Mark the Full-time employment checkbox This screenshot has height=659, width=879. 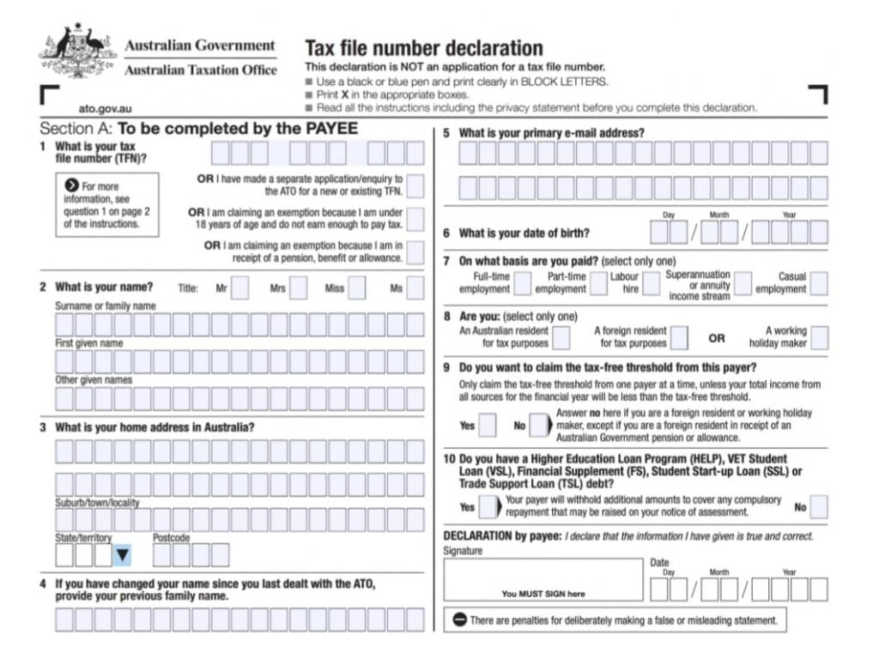[522, 283]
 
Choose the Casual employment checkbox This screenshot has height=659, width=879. [819, 283]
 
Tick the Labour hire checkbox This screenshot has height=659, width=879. [651, 283]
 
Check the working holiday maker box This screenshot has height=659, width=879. [819, 337]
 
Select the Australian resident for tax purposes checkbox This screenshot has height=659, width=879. [561, 337]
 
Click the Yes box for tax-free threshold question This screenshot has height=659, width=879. [487, 425]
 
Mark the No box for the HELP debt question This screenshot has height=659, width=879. [819, 506]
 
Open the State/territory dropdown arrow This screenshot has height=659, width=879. [122, 555]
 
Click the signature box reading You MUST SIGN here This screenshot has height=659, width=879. [543, 579]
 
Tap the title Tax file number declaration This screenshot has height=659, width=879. [424, 48]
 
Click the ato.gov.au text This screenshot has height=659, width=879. [105, 110]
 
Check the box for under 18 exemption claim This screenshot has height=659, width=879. [415, 219]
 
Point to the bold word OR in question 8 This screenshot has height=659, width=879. [717, 338]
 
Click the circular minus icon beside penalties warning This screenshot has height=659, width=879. [459, 620]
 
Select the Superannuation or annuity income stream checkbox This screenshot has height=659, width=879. [743, 283]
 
